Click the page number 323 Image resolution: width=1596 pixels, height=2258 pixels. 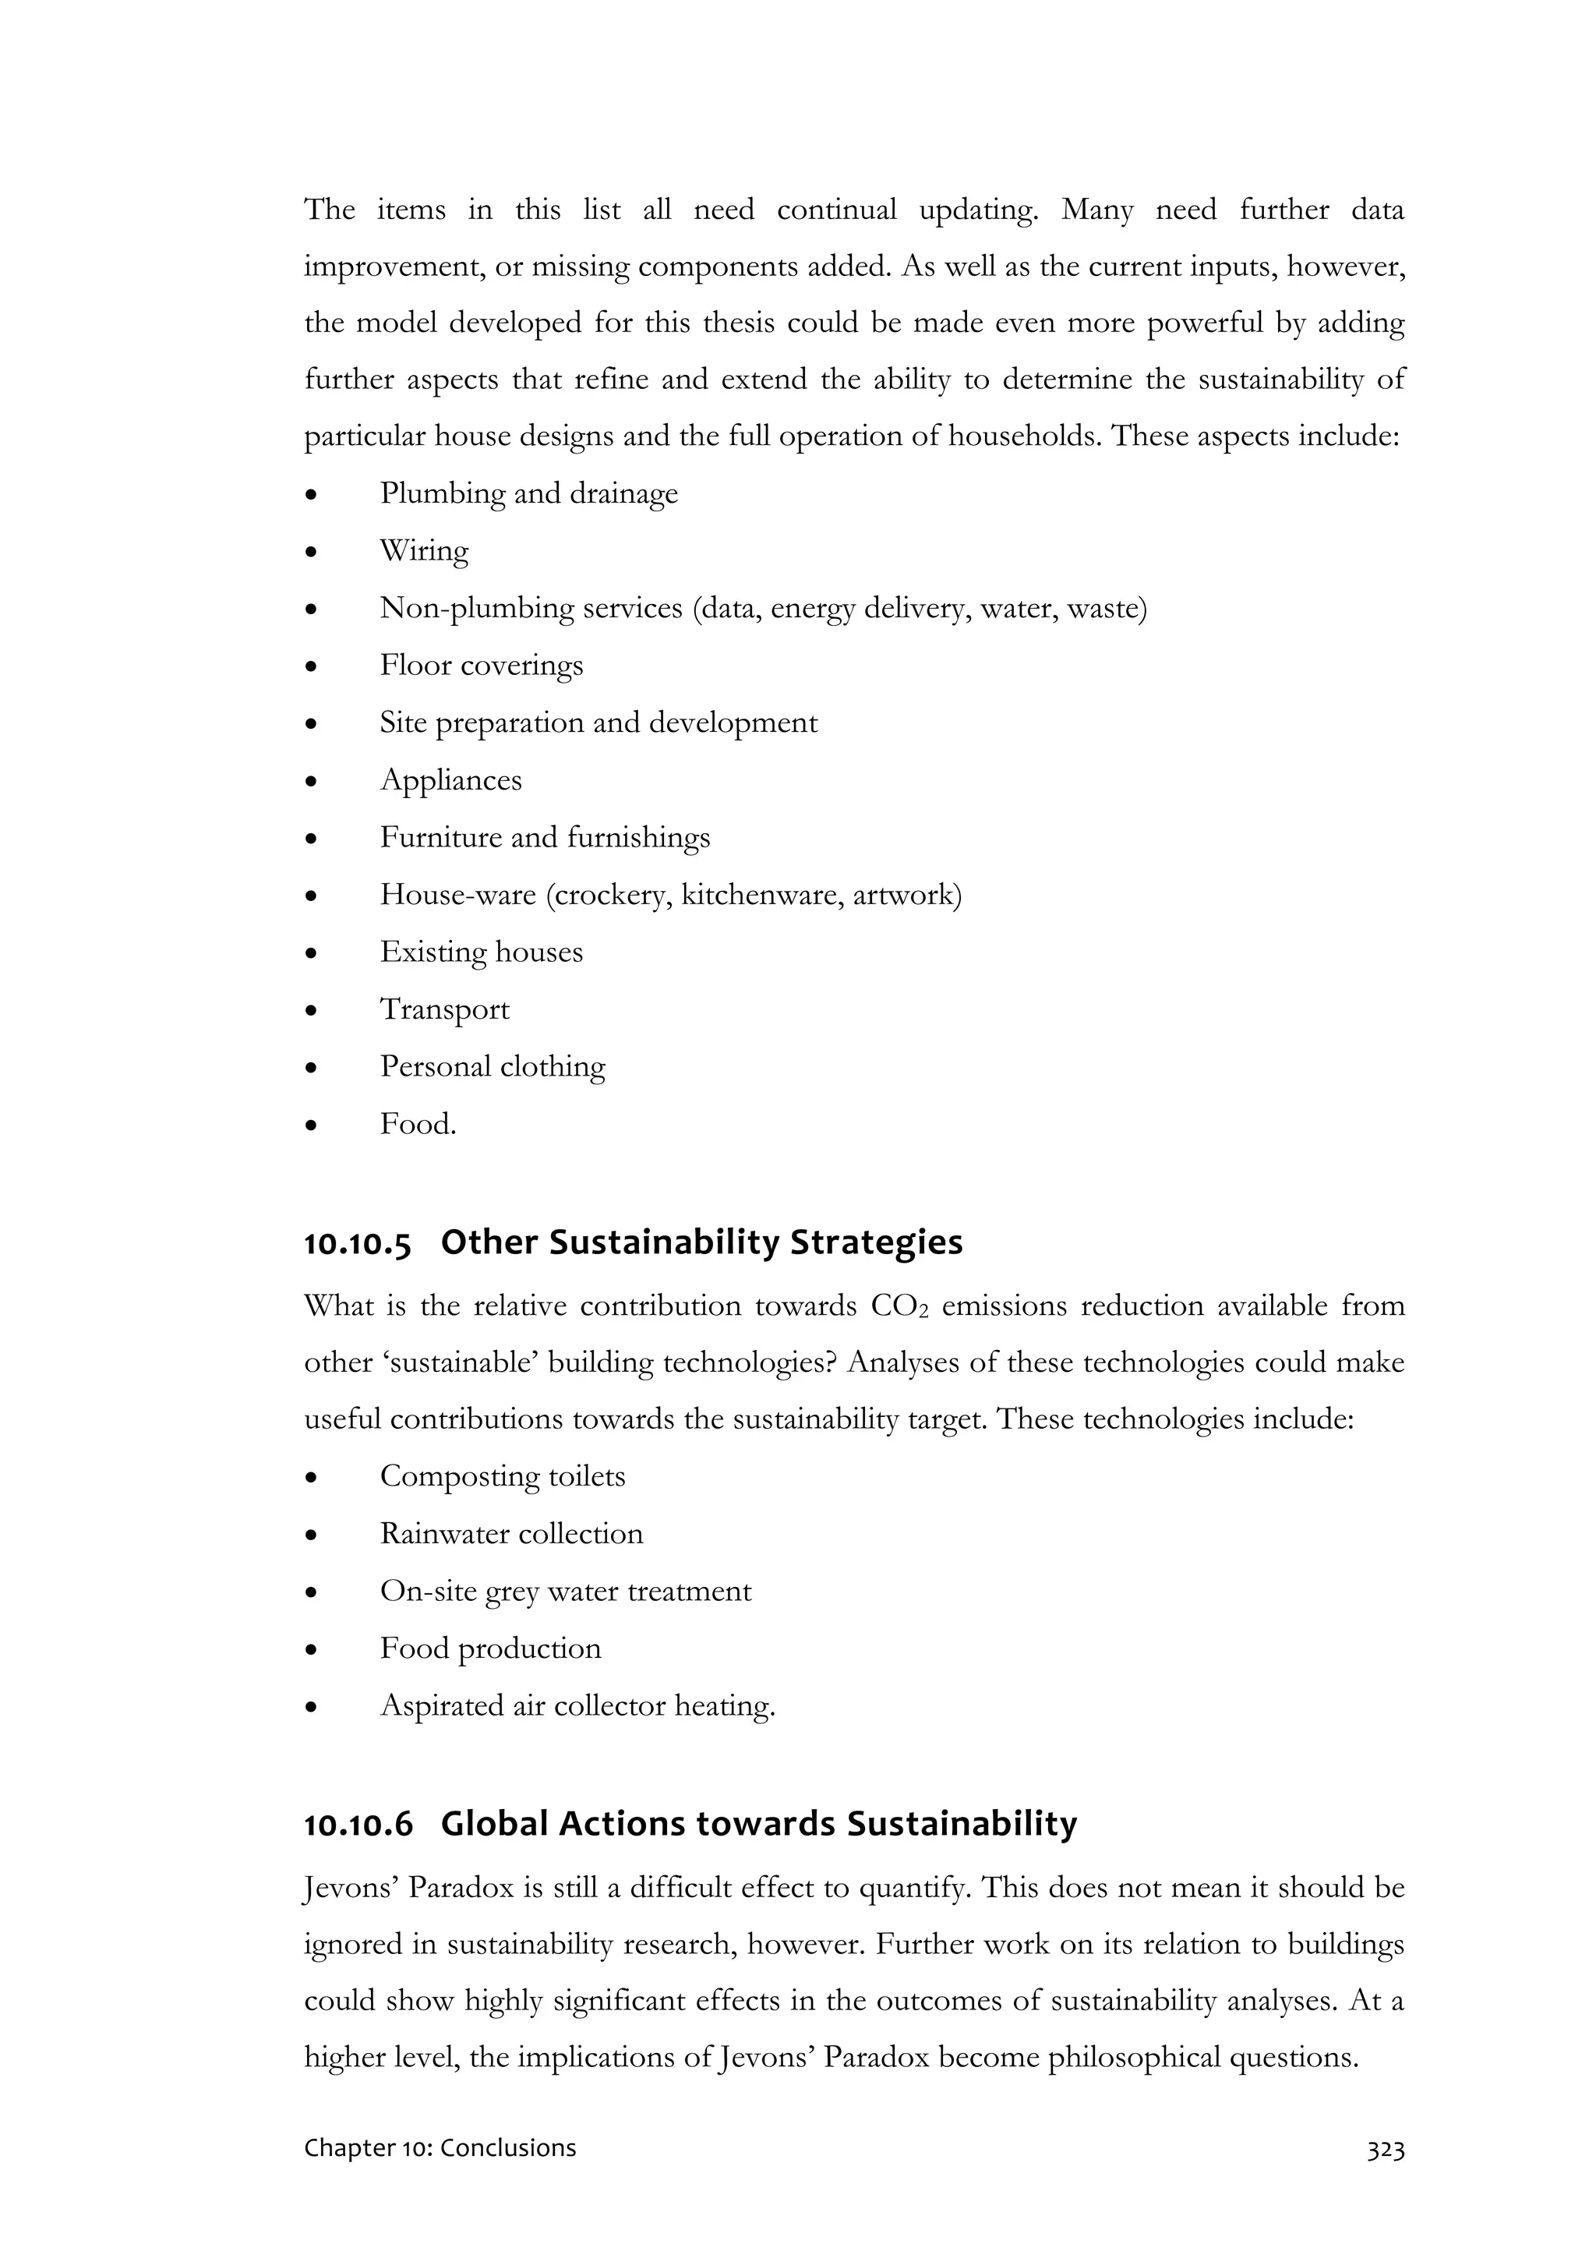1385,2148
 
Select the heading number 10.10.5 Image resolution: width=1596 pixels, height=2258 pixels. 357,1243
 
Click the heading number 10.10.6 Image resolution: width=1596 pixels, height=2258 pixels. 358,1825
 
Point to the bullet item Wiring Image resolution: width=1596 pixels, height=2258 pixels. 424,551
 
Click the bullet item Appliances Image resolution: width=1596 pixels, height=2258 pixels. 450,780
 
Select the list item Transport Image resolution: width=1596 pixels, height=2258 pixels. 444,1009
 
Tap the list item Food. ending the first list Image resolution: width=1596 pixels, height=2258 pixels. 418,1123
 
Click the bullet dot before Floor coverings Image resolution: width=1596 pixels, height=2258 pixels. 311,666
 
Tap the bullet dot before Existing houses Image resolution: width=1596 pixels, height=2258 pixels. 311,953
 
